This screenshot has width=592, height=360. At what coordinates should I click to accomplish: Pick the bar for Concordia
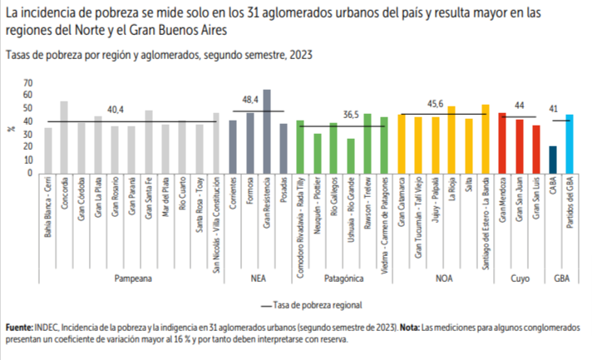click(x=64, y=137)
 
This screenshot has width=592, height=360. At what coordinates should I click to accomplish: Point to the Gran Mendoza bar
click(x=502, y=143)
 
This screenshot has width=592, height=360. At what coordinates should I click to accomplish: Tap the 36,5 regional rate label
click(x=353, y=116)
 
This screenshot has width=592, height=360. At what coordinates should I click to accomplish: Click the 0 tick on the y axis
click(x=29, y=172)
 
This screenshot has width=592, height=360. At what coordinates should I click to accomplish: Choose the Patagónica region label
click(x=341, y=280)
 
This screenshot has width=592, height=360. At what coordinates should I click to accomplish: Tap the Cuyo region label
click(x=517, y=280)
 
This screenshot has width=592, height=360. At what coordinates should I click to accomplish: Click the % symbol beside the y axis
click(x=12, y=128)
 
